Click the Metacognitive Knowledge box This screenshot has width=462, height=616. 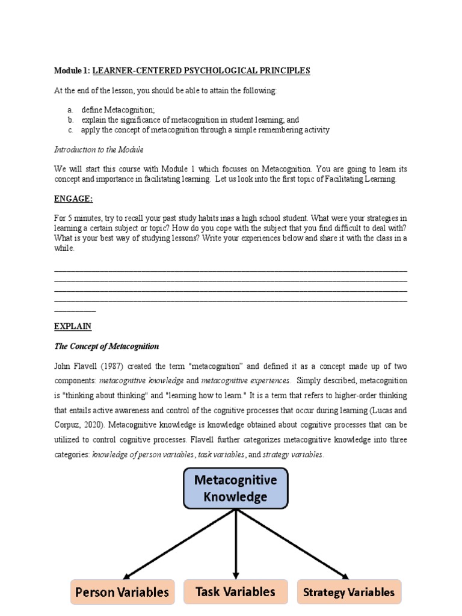point(235,488)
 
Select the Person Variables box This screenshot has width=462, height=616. point(122,592)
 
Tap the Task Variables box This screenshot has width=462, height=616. point(235,591)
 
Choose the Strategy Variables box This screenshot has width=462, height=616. point(349,592)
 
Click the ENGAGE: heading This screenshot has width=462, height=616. point(73,199)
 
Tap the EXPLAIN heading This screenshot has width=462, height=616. point(72,326)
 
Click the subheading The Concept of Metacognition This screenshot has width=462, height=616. point(106,346)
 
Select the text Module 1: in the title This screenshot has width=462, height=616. point(72,70)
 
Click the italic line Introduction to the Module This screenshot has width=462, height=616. point(99,149)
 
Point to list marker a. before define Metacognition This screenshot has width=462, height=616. point(70,109)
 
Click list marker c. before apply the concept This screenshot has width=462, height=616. point(70,129)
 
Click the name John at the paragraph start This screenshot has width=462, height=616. point(63,366)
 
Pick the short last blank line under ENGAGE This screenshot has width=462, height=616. point(75,310)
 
